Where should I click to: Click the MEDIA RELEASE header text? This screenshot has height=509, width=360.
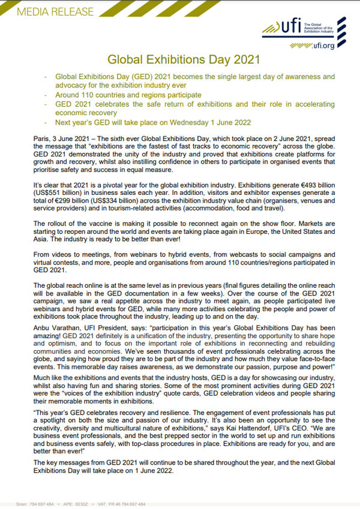tap(47, 11)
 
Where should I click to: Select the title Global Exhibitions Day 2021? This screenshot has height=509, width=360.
tap(183, 59)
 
